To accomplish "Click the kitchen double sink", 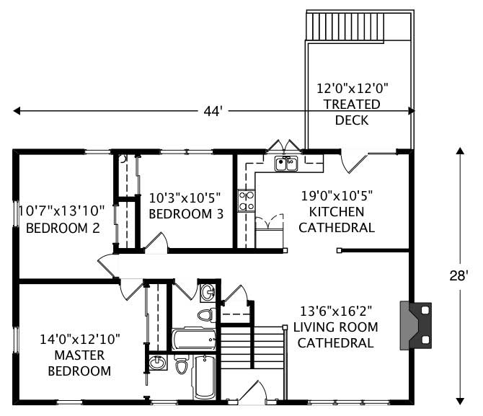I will [286, 164].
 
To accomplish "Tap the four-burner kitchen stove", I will [246, 200].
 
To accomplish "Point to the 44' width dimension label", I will [211, 111].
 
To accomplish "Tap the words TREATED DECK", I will [352, 112].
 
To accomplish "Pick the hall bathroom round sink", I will [208, 292].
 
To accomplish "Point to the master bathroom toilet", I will [182, 366].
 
